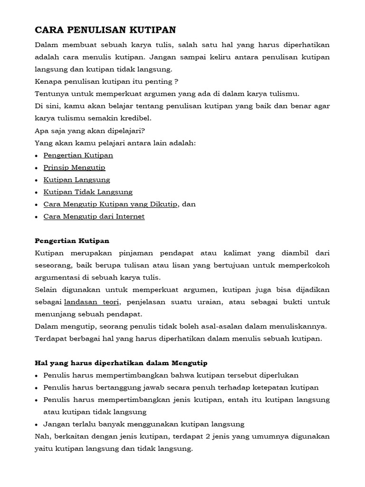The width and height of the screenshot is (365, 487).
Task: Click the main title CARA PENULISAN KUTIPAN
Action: click(x=106, y=30)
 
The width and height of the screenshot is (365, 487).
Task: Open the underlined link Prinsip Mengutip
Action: click(x=74, y=167)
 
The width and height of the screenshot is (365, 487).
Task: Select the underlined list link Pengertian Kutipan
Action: click(x=78, y=155)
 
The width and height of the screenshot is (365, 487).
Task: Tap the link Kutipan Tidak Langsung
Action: click(x=88, y=192)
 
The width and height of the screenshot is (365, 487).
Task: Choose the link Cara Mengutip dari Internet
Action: click(x=94, y=216)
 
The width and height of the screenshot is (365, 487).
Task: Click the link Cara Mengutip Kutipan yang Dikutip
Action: click(x=110, y=204)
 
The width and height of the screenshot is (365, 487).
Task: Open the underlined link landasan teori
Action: click(x=92, y=302)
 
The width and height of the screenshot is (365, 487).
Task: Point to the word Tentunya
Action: click(x=50, y=93)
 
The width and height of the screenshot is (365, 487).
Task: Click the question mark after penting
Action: click(x=176, y=81)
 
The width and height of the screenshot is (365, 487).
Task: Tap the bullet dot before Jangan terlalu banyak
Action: click(x=38, y=424)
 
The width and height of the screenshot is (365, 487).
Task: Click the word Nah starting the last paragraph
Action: click(x=42, y=436)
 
